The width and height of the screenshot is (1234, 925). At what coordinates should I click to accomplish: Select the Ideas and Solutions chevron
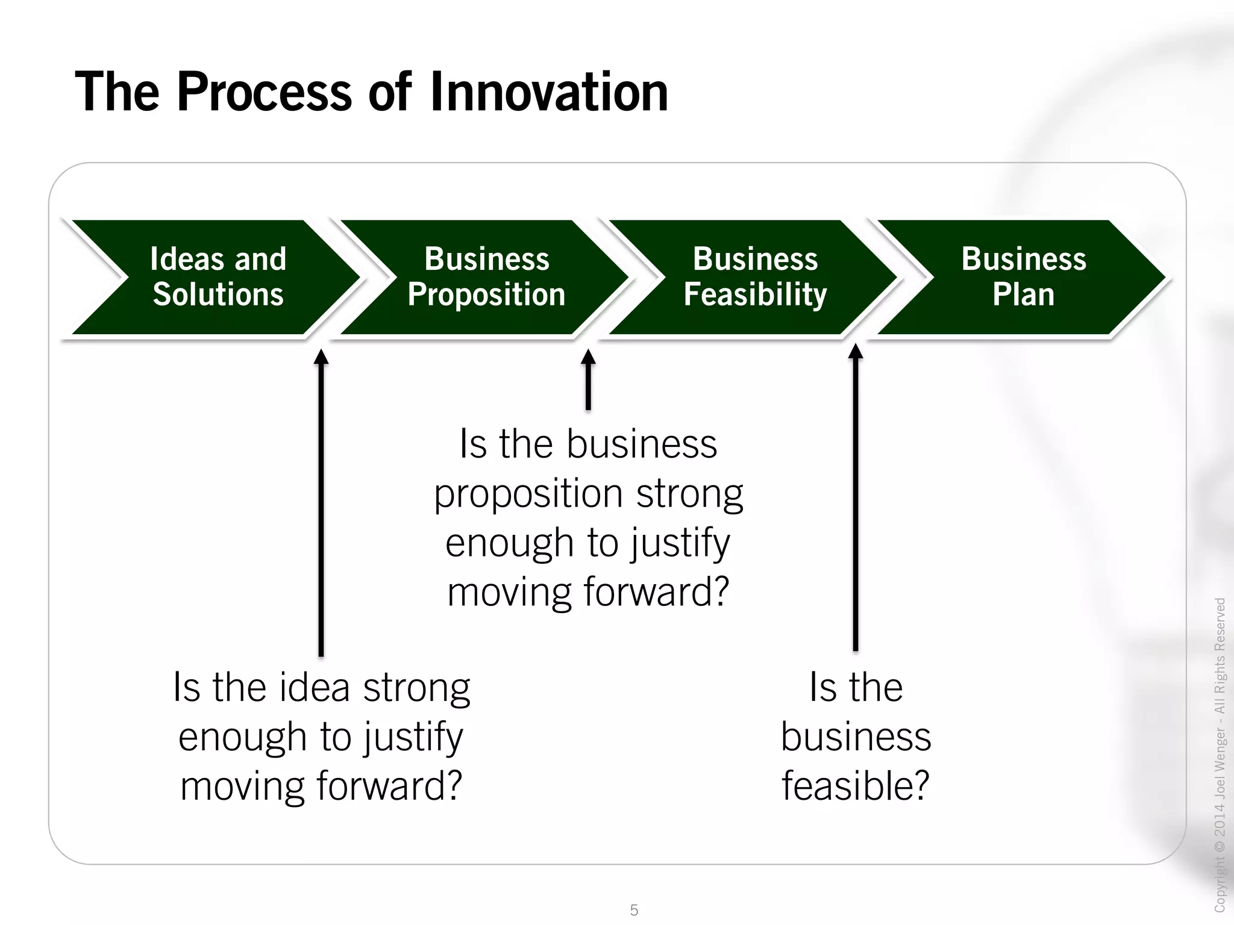pyautogui.click(x=218, y=277)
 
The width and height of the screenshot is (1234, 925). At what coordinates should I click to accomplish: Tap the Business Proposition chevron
pyautogui.click(x=486, y=277)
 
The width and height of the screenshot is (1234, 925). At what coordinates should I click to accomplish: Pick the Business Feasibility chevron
pyautogui.click(x=755, y=277)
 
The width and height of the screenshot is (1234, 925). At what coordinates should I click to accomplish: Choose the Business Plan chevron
pyautogui.click(x=1023, y=277)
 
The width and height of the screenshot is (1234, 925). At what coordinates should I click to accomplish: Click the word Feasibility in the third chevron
pyautogui.click(x=755, y=295)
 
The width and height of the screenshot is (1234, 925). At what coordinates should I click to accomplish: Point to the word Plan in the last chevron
pyautogui.click(x=1023, y=295)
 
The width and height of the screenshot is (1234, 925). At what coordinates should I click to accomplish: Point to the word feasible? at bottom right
pyautogui.click(x=856, y=786)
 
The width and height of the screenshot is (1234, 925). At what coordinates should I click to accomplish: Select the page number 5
pyautogui.click(x=634, y=910)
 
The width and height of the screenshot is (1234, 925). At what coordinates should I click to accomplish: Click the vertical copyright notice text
pyautogui.click(x=1220, y=753)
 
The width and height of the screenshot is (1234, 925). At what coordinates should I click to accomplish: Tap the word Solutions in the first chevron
pyautogui.click(x=218, y=295)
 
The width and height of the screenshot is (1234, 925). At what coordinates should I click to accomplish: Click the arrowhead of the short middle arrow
pyautogui.click(x=588, y=357)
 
